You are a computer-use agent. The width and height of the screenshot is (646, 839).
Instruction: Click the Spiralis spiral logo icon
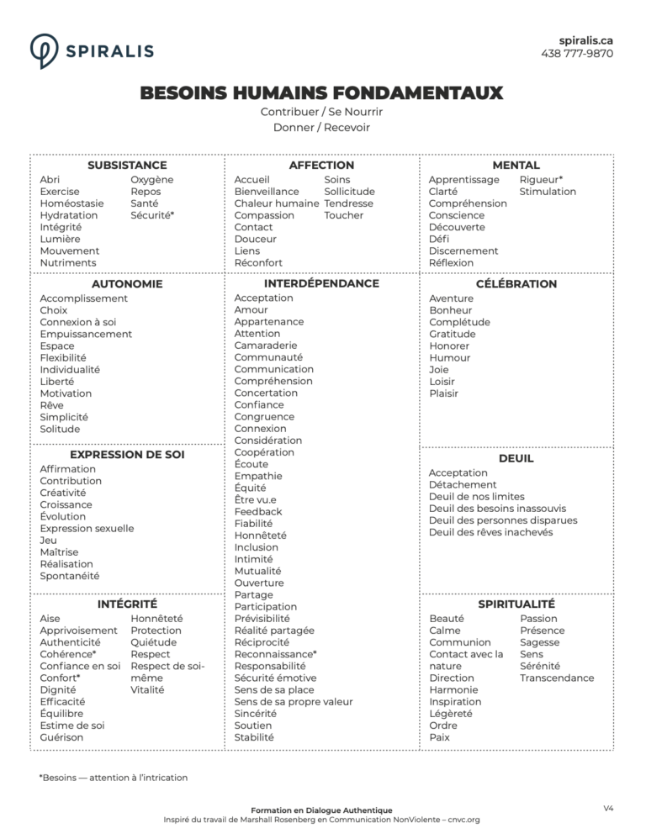44,50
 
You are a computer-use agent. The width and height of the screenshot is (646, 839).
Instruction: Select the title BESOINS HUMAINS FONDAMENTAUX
321,92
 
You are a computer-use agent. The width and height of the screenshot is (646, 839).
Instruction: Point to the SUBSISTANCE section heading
127,166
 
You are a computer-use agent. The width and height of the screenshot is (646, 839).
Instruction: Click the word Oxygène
152,180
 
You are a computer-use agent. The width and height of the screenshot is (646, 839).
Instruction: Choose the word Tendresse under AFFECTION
348,203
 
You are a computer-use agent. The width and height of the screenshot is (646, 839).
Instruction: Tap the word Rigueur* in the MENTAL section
541,180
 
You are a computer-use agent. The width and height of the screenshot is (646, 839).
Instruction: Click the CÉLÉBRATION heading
516,284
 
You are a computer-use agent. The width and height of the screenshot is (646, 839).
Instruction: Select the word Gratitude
453,334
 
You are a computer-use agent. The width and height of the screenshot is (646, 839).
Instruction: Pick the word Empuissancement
86,334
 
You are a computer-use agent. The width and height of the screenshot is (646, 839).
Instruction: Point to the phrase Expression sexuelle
87,528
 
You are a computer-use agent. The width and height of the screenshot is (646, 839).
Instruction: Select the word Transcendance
557,678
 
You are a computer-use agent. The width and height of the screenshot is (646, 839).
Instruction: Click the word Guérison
61,737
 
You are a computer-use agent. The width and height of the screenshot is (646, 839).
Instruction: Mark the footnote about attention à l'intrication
114,778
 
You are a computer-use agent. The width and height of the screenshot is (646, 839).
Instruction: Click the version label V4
608,808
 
